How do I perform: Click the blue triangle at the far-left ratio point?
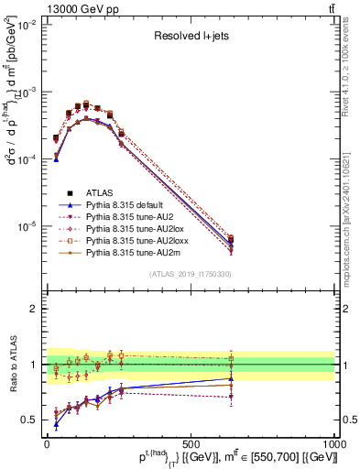56,424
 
